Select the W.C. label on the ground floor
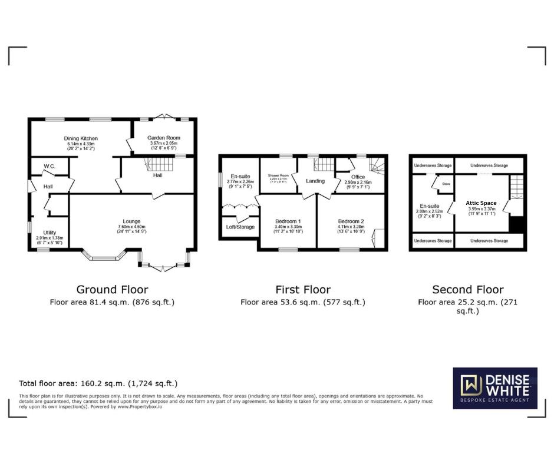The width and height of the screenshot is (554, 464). click(49, 167)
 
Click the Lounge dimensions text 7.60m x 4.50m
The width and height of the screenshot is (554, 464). click(131, 227)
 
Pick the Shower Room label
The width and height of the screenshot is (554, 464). click(278, 175)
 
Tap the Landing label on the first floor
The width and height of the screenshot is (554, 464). click(315, 181)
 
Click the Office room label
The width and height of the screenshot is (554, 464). click(358, 177)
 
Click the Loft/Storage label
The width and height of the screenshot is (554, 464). click(240, 227)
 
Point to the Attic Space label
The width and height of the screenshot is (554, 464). click(481, 203)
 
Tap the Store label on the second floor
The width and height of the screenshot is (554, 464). click(446, 184)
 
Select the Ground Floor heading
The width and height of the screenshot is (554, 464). click(112, 289)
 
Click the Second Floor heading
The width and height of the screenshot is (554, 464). click(468, 289)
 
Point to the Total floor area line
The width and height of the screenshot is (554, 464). click(98, 383)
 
